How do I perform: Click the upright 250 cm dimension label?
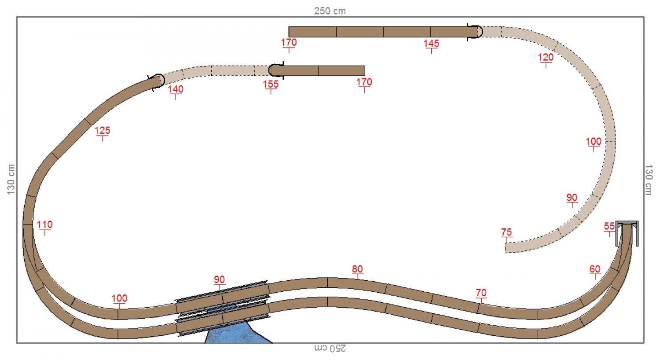pos(330,11)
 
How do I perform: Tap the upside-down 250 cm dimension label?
pos(330,348)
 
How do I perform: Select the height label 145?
pos(431,44)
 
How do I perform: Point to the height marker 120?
pos(546,57)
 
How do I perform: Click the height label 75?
pos(506,232)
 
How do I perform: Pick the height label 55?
pos(609,226)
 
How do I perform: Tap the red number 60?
pos(595,269)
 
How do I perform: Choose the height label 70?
pos(481,293)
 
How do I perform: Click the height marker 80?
pos(357,269)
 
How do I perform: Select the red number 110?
pos(44,225)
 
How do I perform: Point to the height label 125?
pos(103,131)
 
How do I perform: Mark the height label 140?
pos(176,89)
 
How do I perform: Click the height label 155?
pos(271,84)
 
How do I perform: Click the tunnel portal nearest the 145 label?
pos(475,32)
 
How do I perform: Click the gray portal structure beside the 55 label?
pos(627,226)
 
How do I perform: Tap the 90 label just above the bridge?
pos(219,280)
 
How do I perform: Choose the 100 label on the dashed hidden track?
pos(594,142)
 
